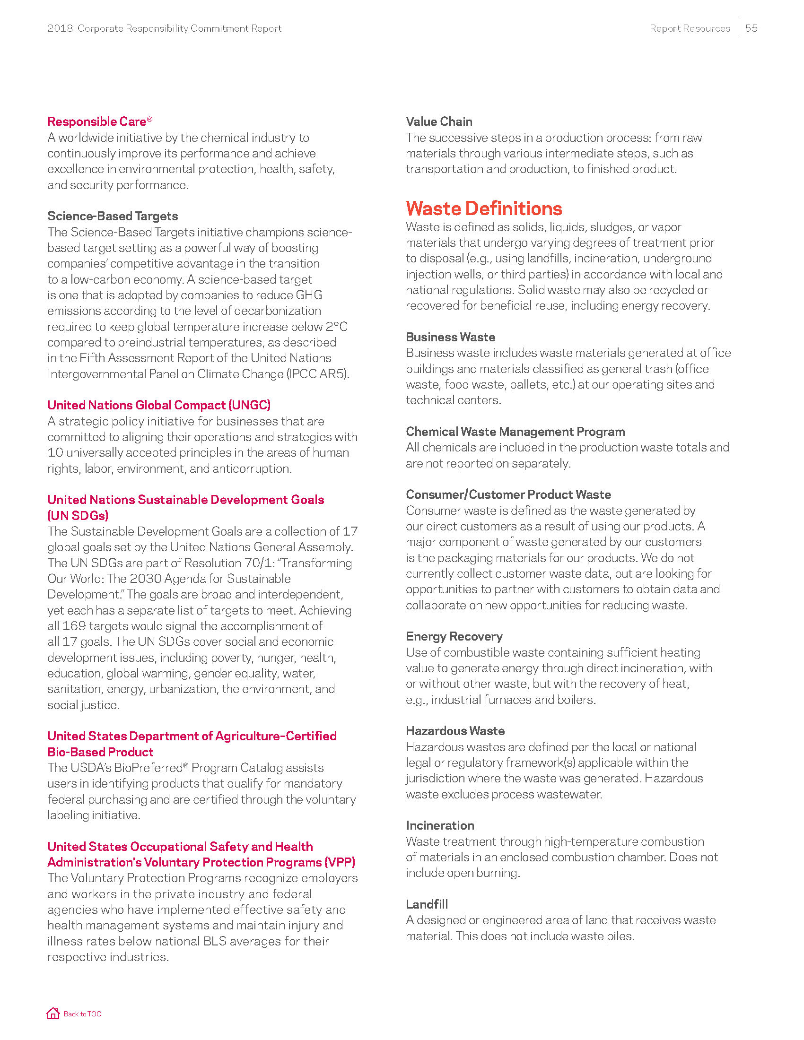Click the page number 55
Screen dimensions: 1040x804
751,28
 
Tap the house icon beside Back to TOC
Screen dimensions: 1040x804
53,1014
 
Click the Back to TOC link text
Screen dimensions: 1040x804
82,1014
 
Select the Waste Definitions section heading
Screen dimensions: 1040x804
483,208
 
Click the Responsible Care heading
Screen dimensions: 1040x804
99,121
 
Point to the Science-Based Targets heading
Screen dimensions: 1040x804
113,216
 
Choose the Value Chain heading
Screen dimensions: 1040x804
439,121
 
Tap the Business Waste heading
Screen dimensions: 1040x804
450,337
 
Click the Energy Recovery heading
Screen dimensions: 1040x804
454,636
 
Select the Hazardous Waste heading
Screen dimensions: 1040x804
455,731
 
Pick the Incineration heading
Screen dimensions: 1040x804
440,825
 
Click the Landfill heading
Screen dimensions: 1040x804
426,904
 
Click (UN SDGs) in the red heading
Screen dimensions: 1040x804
78,515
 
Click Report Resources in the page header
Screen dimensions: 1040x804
689,28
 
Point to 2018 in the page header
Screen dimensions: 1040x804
60,28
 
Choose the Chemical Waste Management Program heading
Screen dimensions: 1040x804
515,432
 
